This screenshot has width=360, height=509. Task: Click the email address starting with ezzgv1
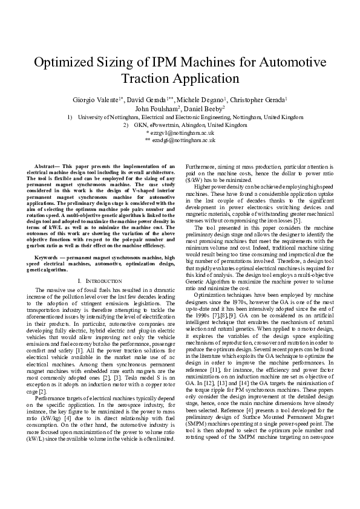pyautogui.click(x=180, y=132)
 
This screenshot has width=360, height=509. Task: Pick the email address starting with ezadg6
pyautogui.click(x=180, y=139)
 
